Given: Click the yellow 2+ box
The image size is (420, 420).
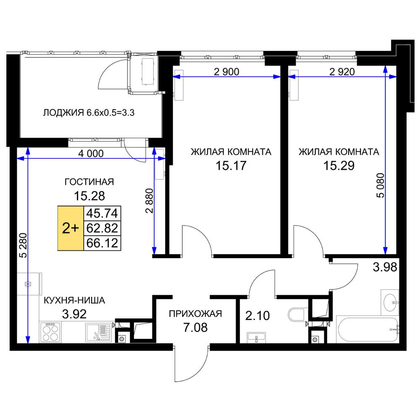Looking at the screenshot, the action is [71, 228].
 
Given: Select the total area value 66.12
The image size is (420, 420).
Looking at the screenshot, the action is [102, 243].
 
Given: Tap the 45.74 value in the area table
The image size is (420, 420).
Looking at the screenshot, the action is [102, 213].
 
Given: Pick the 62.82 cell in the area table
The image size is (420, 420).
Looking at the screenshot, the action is [102, 228].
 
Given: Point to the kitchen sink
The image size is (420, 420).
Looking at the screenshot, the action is [99, 332].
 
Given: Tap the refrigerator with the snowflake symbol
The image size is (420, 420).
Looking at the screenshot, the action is [29, 284].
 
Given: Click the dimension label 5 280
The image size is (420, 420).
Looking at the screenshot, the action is [24, 245].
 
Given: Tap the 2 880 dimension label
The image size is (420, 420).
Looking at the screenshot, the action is [149, 201].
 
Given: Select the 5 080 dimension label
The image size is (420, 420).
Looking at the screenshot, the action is [381, 185].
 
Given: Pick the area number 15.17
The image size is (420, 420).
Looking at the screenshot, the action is [231, 165].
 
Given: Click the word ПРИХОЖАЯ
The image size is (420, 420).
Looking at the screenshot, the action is [195, 314].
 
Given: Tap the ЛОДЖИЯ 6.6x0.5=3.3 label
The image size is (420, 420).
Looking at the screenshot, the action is [89, 113].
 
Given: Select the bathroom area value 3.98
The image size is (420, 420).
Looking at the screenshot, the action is [385, 267].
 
